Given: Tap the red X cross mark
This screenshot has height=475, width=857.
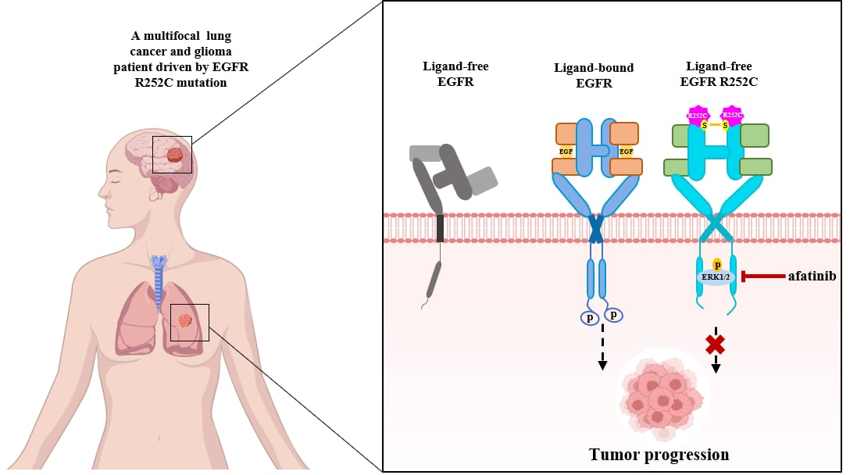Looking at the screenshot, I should click(715, 344).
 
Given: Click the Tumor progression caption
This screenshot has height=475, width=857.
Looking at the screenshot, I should click(659, 454).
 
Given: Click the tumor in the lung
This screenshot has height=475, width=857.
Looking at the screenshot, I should click(185, 320).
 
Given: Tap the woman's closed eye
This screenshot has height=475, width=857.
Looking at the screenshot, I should click(117, 179).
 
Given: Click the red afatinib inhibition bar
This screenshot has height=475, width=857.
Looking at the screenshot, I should click(762, 276).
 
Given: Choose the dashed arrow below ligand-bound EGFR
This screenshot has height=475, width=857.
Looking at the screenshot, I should click(602, 348).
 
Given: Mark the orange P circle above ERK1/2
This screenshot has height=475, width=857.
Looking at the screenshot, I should click(717, 264).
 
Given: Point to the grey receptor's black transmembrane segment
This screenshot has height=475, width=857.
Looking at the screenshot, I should click(441, 227).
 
